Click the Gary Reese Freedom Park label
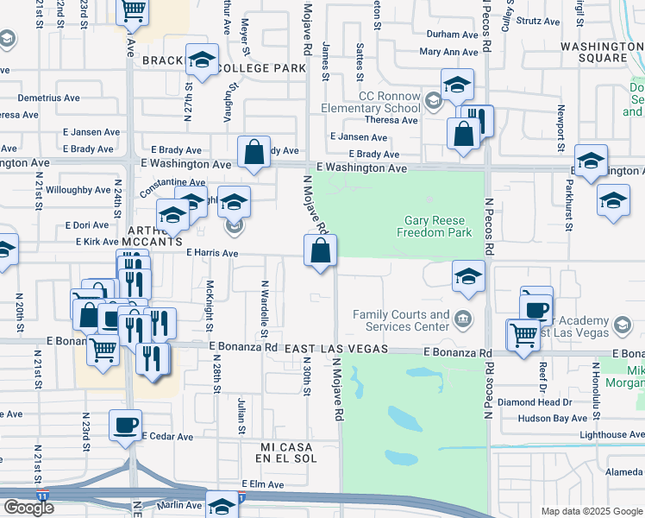(x=437, y=226)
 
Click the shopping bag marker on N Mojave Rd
(x=320, y=251)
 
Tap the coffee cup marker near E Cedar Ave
(x=126, y=425)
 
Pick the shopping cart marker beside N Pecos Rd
(x=523, y=334)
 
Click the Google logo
(x=28, y=508)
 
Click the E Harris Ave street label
(x=212, y=253)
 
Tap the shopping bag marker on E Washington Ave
(x=254, y=152)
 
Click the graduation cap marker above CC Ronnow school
(x=458, y=85)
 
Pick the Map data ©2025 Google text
(x=592, y=511)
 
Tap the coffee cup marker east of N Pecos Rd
(x=536, y=307)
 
